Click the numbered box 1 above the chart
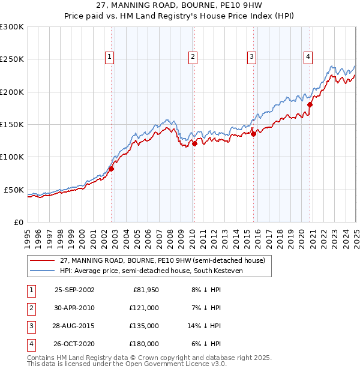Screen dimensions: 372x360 pos(110,57)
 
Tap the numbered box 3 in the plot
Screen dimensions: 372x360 pos(251,57)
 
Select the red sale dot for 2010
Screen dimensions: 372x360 pos(195,143)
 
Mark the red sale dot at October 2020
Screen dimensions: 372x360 pos(310,104)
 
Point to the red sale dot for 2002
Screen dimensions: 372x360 pos(112,169)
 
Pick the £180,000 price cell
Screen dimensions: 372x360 pos(145,344)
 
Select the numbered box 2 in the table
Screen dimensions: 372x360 pos(31,308)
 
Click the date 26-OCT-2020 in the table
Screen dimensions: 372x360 pos(74,344)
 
